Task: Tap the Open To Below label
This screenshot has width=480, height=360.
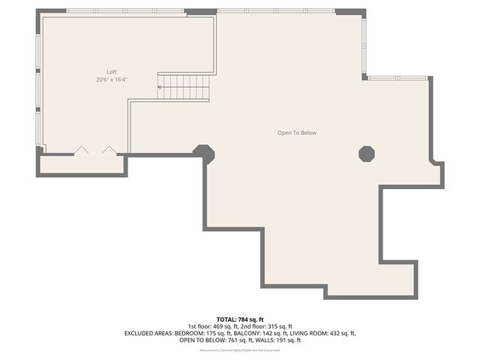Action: pyautogui.click(x=297, y=133)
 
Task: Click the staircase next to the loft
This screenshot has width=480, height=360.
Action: pyautogui.click(x=184, y=87)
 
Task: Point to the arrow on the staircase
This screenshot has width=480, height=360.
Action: pyautogui.click(x=160, y=87)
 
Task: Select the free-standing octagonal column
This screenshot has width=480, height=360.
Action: pyautogui.click(x=367, y=153)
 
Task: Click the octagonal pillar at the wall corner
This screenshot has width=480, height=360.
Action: pyautogui.click(x=204, y=153)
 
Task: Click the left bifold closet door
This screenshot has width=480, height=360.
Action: pyautogui.click(x=80, y=151)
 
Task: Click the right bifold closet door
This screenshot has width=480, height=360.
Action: pyautogui.click(x=109, y=151)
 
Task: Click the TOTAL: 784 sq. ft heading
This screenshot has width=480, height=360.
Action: pyautogui.click(x=240, y=319)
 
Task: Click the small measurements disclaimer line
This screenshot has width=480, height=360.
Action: pyautogui.click(x=240, y=350)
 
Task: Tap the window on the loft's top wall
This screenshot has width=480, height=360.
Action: pyautogui.click(x=125, y=11)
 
